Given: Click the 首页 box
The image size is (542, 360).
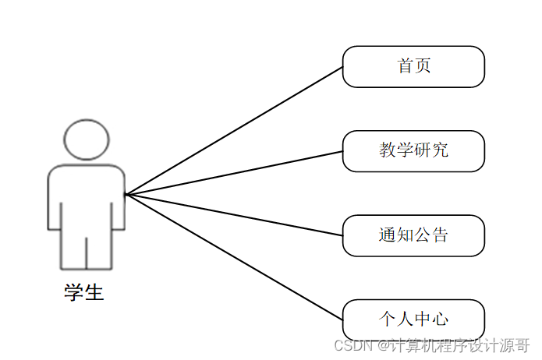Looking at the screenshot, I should [413, 66].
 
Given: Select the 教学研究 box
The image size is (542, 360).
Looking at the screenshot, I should [413, 150].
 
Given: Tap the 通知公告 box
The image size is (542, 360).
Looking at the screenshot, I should [413, 235].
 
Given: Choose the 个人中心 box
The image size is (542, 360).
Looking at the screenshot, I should [413, 319].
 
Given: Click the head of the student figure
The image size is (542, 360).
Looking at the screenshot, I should [86, 140].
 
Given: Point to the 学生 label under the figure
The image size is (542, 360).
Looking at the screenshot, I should [84, 293].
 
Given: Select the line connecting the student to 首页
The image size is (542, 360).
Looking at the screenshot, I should [234, 130].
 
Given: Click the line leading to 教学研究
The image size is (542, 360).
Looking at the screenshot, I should [234, 172].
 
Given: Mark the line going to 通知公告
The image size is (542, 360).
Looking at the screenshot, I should [234, 214].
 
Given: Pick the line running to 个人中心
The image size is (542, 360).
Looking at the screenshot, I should [234, 256].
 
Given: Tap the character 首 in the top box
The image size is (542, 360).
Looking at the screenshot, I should [406, 66].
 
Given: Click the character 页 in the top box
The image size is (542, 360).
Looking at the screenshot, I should [423, 66].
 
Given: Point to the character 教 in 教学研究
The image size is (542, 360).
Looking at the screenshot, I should [388, 150].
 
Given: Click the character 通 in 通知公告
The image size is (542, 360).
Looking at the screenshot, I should [388, 235].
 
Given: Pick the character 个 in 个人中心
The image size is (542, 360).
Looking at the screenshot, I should [388, 319].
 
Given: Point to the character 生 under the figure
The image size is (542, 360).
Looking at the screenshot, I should [94, 293].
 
